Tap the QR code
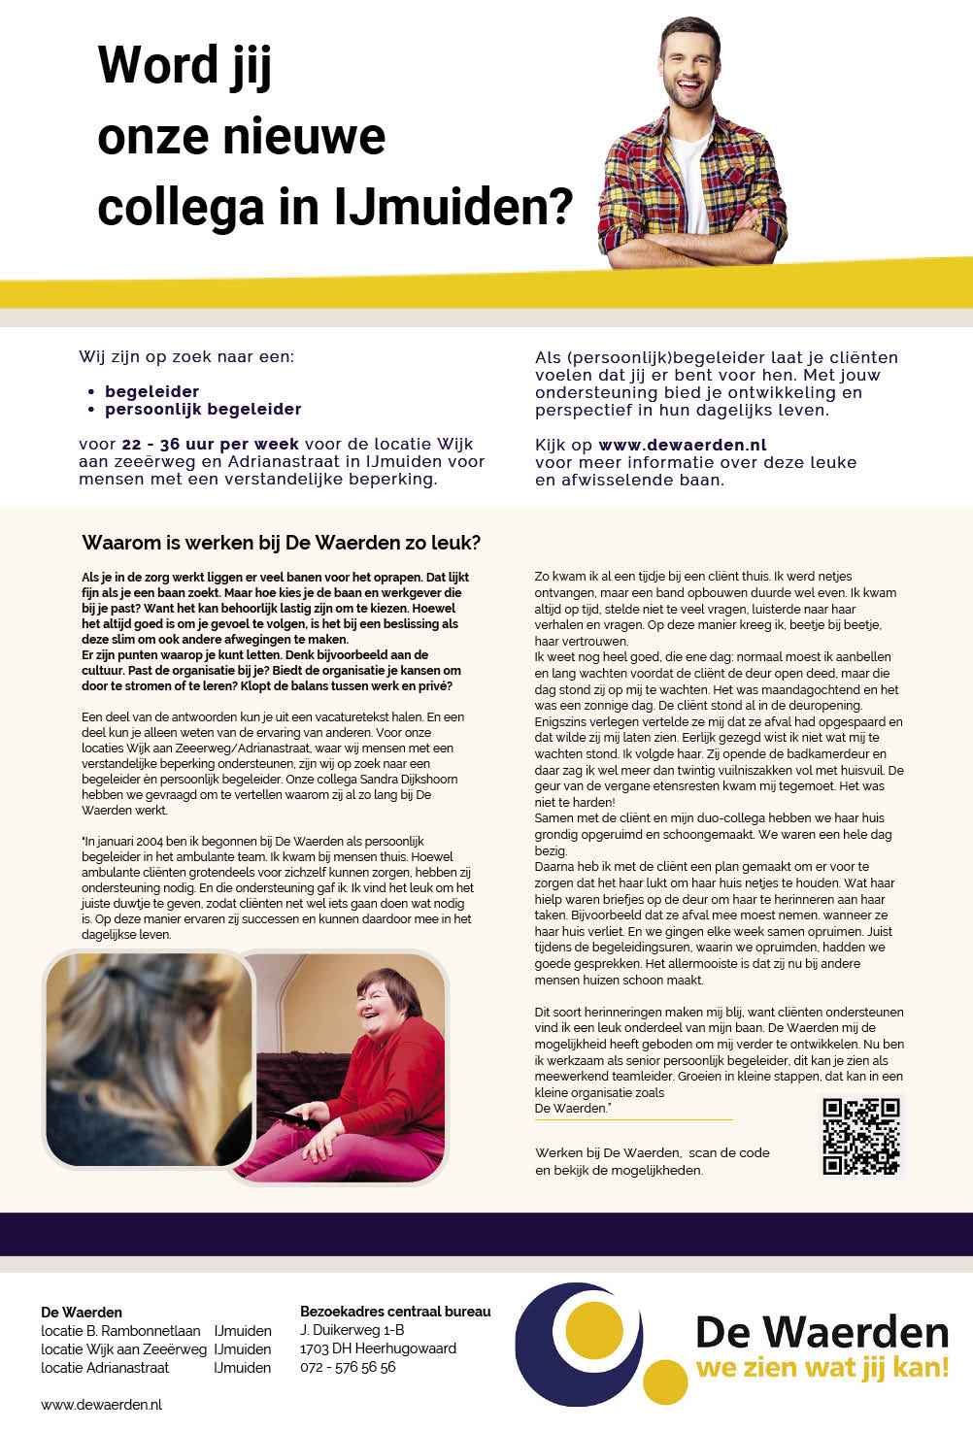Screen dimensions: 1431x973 click(x=861, y=1136)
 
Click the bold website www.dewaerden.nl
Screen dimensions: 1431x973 click(x=683, y=445)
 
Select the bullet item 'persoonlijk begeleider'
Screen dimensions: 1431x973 click(x=203, y=409)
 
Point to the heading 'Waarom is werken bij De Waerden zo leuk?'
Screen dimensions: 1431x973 click(x=282, y=543)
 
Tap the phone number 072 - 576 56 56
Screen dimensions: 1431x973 click(x=348, y=1367)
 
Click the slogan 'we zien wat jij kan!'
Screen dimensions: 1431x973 click(x=822, y=1368)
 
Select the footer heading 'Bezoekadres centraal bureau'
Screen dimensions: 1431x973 click(x=395, y=1312)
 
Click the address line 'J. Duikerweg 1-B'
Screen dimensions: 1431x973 click(x=352, y=1330)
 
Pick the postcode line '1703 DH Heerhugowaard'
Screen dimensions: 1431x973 click(x=378, y=1348)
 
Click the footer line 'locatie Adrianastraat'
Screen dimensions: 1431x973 click(x=105, y=1367)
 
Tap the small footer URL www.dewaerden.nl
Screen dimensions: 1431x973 click(x=101, y=1405)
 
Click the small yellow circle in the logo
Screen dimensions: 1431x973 click(x=665, y=1381)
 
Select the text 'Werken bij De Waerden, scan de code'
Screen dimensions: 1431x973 click(x=652, y=1152)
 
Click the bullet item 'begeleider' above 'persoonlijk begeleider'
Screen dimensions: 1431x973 click(x=151, y=391)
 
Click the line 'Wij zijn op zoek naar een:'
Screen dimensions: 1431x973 click(x=186, y=356)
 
